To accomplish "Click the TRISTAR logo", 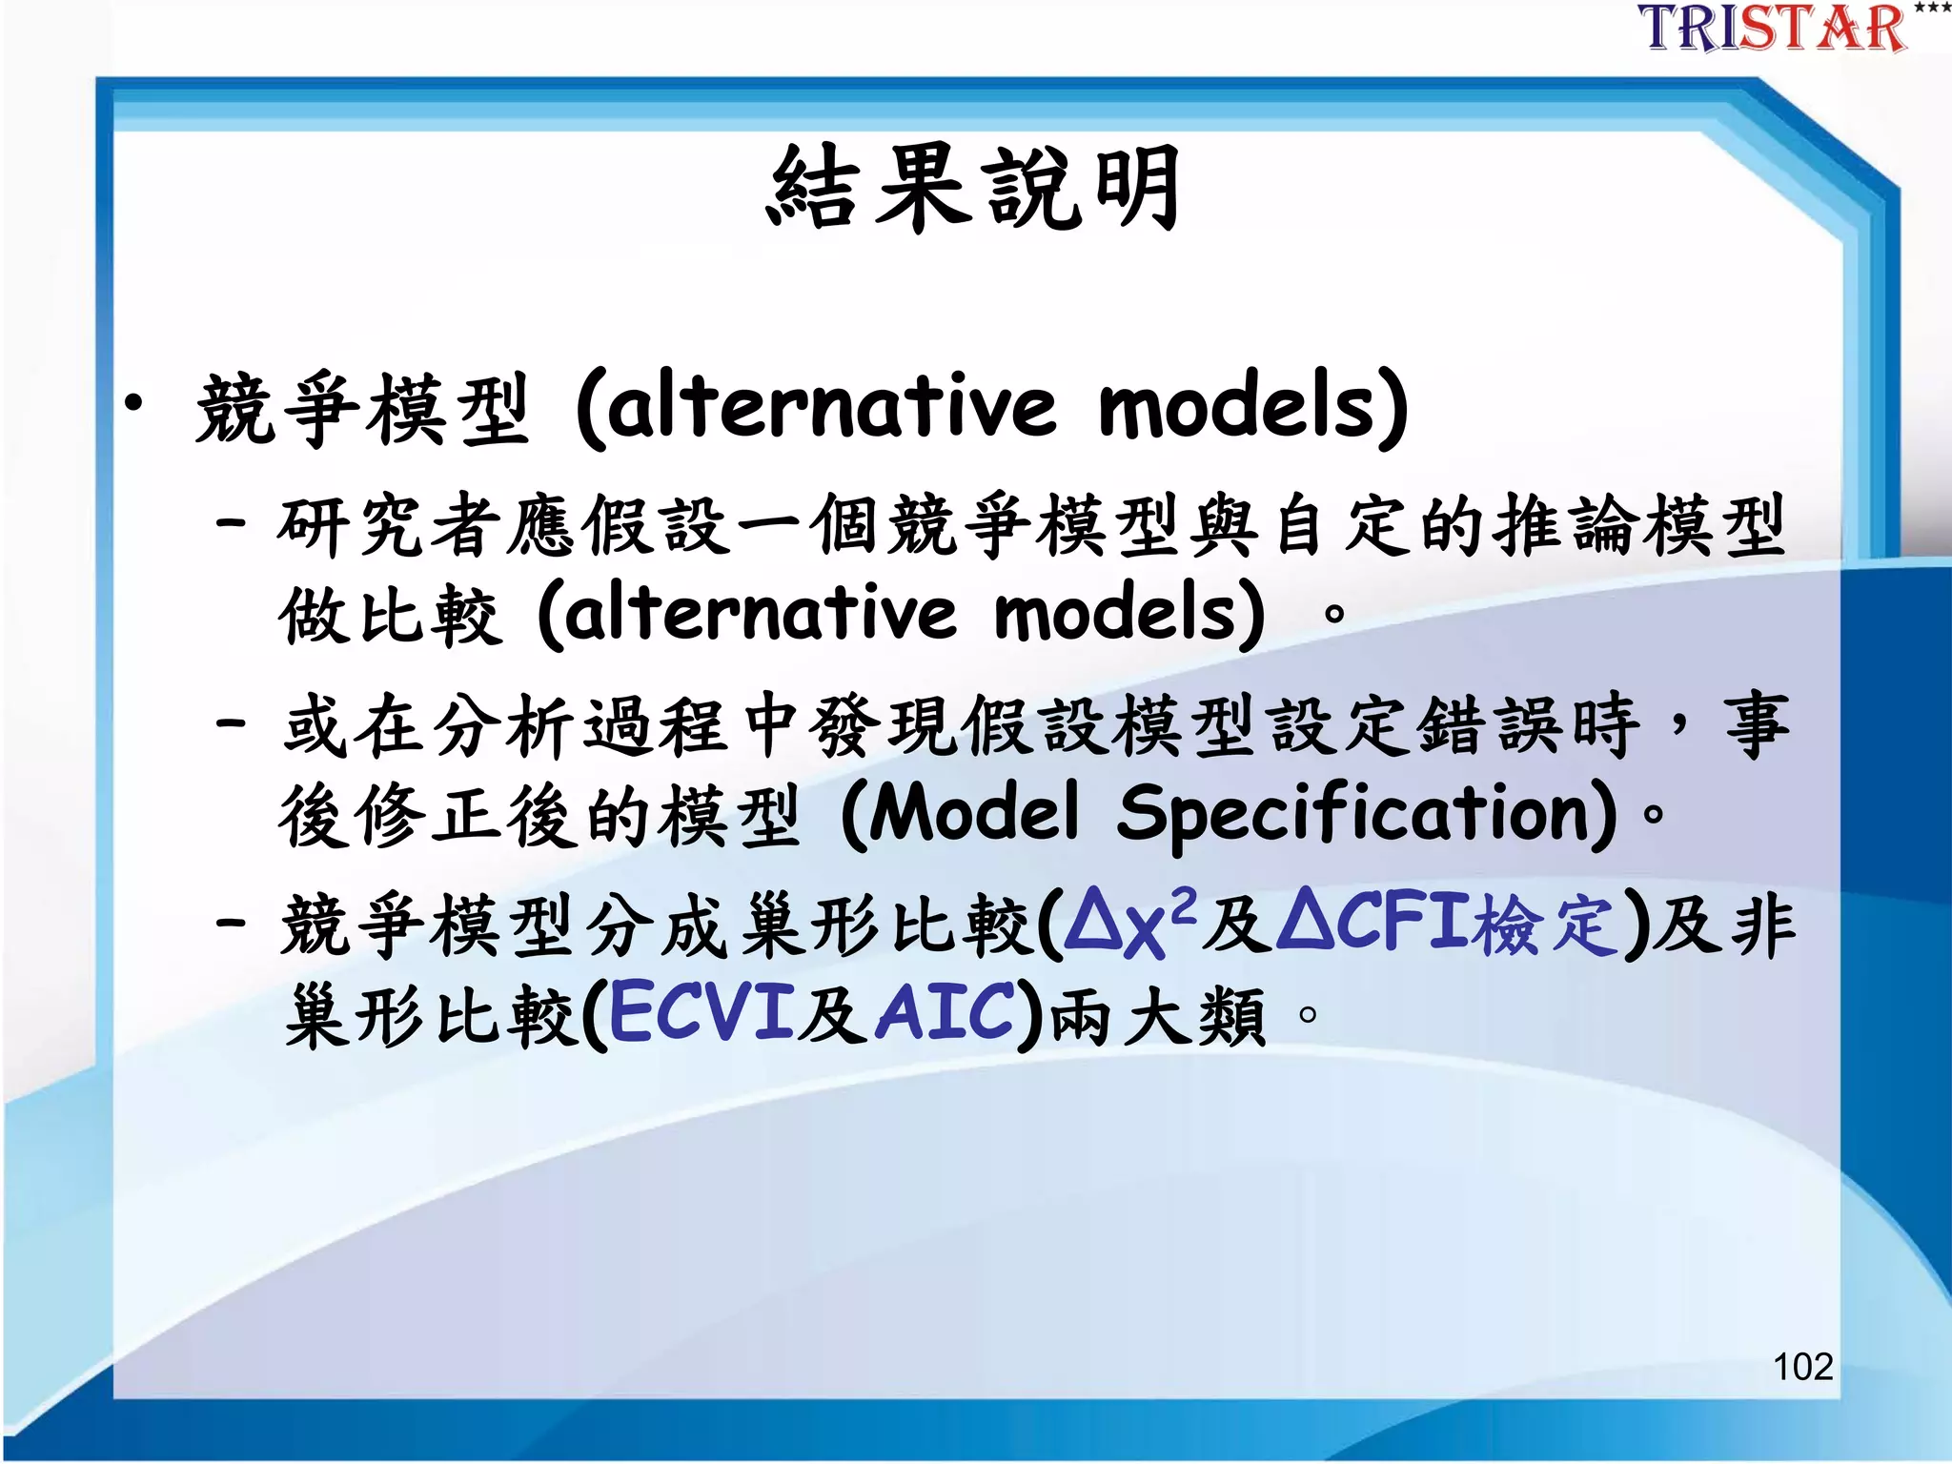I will (1773, 29).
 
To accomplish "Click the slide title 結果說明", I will (974, 188).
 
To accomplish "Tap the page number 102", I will (1802, 1366).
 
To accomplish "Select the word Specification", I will (1367, 813).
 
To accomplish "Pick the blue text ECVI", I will (701, 1012).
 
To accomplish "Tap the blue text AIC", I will (946, 1012).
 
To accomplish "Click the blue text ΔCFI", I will (1373, 922).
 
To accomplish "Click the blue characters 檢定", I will (1544, 925).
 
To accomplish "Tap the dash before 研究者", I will (232, 522).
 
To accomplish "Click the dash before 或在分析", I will (232, 722).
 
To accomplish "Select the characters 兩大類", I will (1157, 1016).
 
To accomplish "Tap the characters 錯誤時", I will (1529, 726).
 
